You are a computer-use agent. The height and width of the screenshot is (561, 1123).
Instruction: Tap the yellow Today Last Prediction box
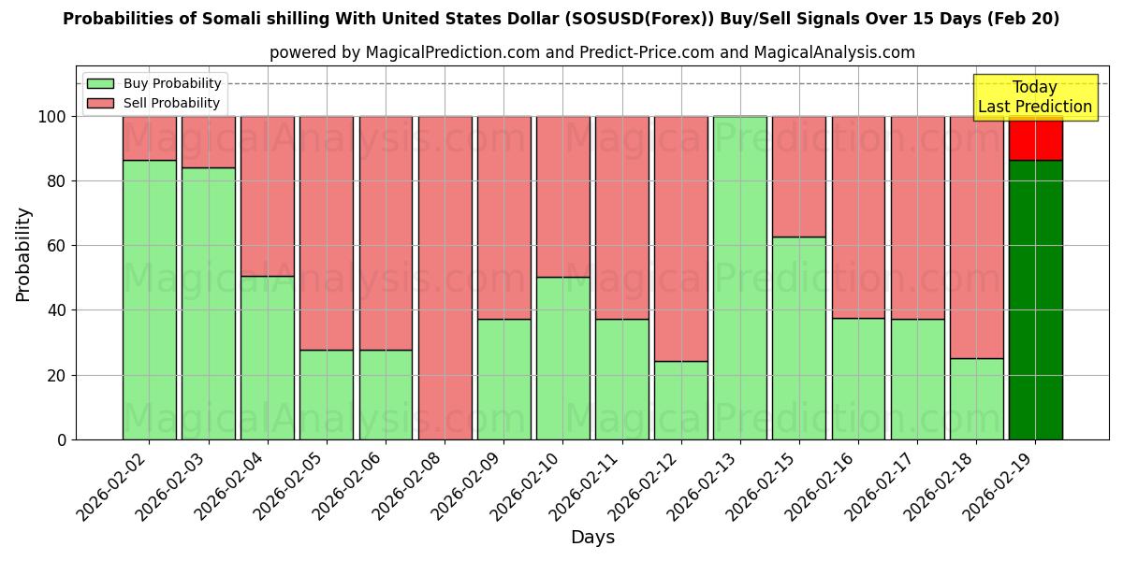1034,97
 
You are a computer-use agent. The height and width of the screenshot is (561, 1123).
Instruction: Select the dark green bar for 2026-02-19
1035,299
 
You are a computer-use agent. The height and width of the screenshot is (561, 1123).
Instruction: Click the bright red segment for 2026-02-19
1035,138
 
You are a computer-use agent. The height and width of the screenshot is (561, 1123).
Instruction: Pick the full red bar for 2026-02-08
445,278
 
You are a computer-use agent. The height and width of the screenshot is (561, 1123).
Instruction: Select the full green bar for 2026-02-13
740,278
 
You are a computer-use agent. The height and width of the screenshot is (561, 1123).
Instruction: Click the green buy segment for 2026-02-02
150,299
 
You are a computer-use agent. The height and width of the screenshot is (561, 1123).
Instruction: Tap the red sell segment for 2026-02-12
681,238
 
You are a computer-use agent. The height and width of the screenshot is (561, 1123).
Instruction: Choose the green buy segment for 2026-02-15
799,338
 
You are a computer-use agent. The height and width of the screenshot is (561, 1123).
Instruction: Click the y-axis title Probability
24,253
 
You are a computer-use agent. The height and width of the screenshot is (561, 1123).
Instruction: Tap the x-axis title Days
592,538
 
